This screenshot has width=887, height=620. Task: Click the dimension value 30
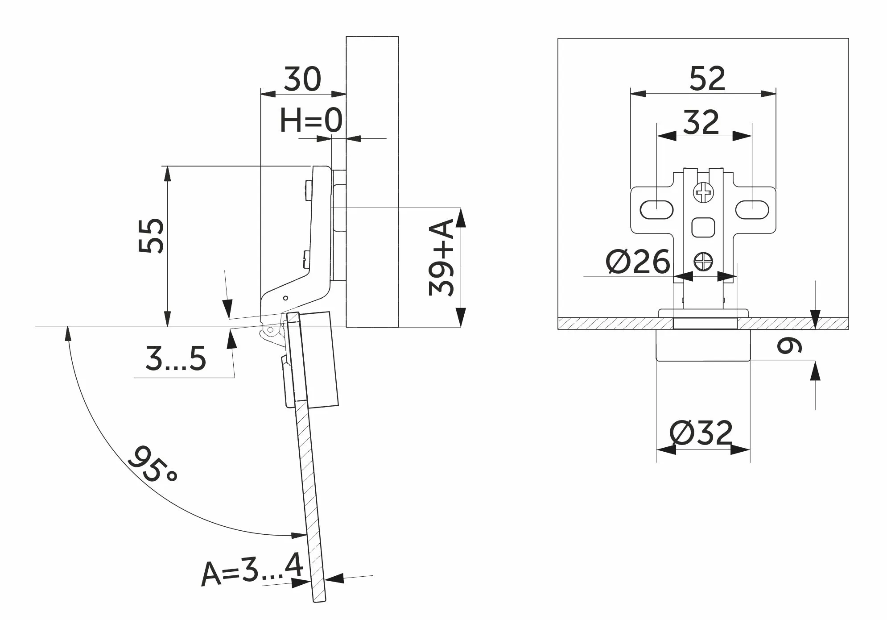(x=302, y=79)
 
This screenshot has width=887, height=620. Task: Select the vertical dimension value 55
(x=151, y=236)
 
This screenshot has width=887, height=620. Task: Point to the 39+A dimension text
(x=441, y=258)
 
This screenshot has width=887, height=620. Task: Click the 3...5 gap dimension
(x=176, y=358)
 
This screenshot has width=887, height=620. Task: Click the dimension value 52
(x=707, y=79)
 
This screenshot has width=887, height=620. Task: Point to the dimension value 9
(x=790, y=345)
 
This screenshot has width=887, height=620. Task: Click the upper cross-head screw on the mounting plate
(x=703, y=193)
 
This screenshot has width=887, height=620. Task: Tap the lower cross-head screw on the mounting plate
(x=703, y=262)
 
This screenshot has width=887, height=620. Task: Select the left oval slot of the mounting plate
(x=656, y=209)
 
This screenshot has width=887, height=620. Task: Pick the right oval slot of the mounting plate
(x=752, y=209)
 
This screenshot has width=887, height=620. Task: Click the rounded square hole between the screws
(x=703, y=227)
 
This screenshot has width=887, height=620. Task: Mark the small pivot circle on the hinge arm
(x=286, y=297)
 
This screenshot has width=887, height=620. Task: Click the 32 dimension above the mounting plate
(x=701, y=122)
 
